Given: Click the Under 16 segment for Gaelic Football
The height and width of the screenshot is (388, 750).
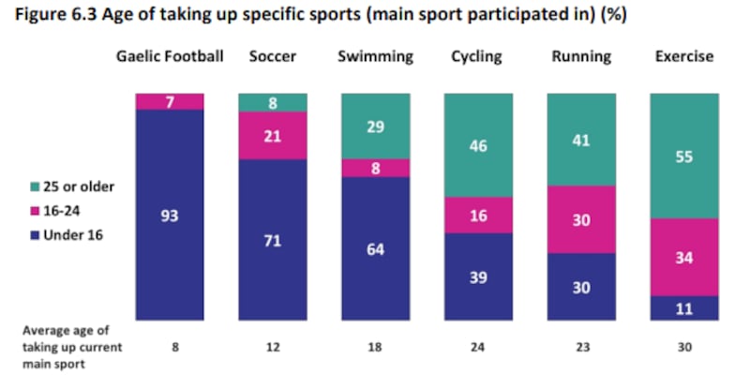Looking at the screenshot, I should [x=170, y=216].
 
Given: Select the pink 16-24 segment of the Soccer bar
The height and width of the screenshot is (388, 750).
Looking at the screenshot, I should [x=273, y=137].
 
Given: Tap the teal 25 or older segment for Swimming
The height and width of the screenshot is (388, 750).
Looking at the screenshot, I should [x=375, y=125].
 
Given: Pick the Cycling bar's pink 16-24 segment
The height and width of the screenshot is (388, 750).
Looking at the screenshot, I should [x=479, y=215].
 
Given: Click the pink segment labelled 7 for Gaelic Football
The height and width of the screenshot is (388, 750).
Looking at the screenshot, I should [x=170, y=101].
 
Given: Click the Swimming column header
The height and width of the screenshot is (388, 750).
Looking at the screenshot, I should [x=375, y=56].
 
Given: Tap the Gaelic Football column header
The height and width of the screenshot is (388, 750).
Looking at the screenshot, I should [x=170, y=56].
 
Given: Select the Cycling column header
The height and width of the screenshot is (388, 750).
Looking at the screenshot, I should [x=479, y=56].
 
